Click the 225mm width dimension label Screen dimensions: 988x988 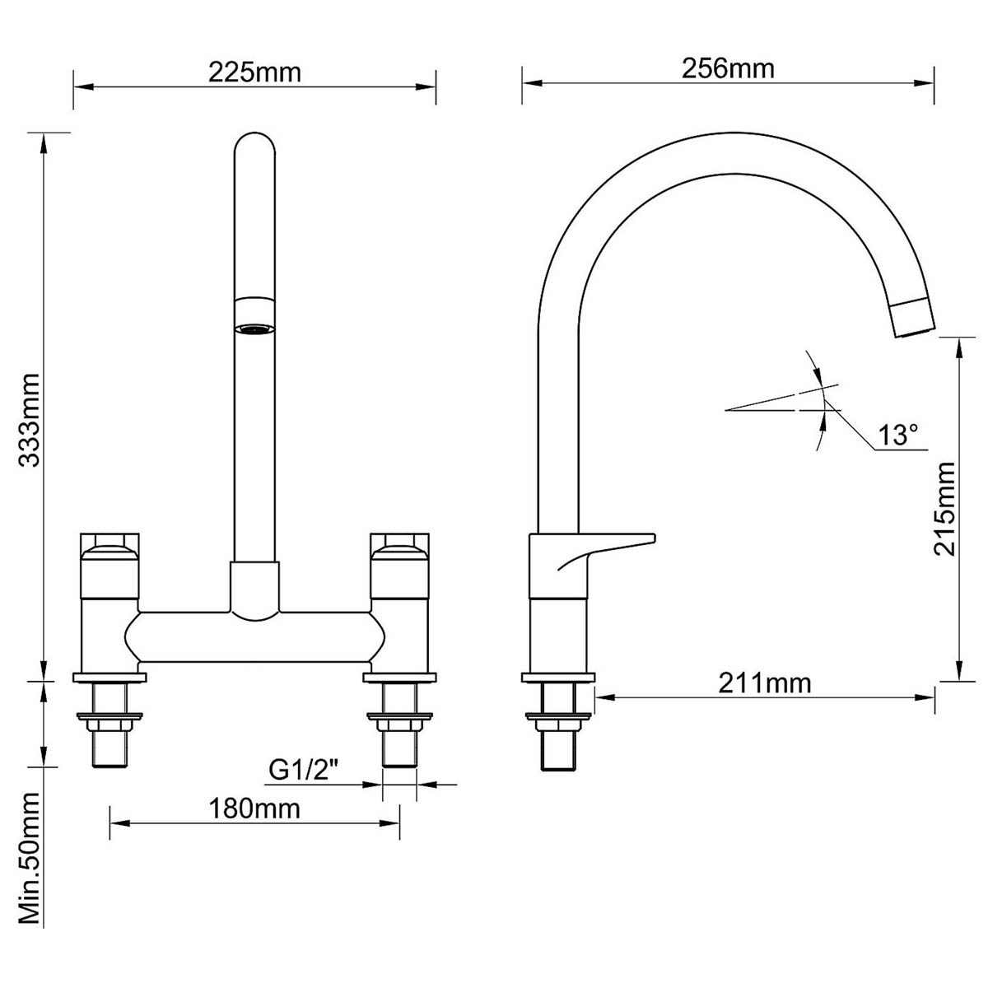254,72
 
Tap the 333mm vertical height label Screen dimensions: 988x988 30,420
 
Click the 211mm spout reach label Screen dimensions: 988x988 764,683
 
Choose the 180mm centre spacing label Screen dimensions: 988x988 254,809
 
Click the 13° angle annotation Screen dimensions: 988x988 897,435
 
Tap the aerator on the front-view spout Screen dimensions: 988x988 254,329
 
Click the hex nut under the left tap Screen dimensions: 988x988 110,725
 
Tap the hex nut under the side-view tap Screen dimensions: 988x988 558,725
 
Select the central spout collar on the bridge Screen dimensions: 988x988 254,589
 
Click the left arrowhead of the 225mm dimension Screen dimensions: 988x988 80,85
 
